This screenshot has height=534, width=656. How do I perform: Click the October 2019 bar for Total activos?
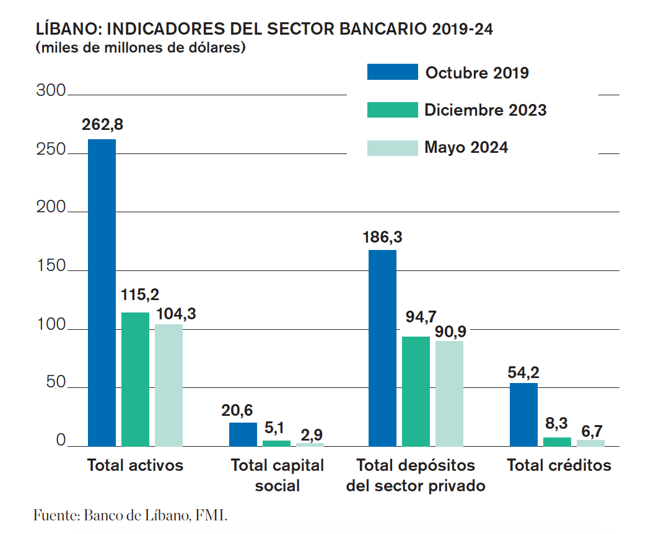click(102, 292)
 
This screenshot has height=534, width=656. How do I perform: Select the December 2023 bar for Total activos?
click(135, 379)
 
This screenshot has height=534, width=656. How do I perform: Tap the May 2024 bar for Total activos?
click(168, 385)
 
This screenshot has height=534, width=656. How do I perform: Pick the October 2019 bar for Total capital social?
click(243, 434)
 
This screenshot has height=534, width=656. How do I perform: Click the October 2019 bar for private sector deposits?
click(382, 348)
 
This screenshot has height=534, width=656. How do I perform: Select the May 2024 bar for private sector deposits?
click(449, 393)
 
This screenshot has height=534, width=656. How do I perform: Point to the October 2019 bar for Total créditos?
click(523, 415)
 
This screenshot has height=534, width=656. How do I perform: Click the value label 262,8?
click(102, 124)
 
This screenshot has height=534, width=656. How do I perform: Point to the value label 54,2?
click(523, 373)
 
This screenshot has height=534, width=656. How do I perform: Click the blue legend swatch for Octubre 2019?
click(392, 72)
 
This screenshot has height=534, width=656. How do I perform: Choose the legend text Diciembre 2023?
click(485, 110)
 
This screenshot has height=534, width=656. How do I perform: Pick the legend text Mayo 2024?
click(466, 148)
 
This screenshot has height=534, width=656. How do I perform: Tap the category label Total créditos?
click(559, 465)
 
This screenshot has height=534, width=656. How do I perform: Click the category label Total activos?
click(135, 465)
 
